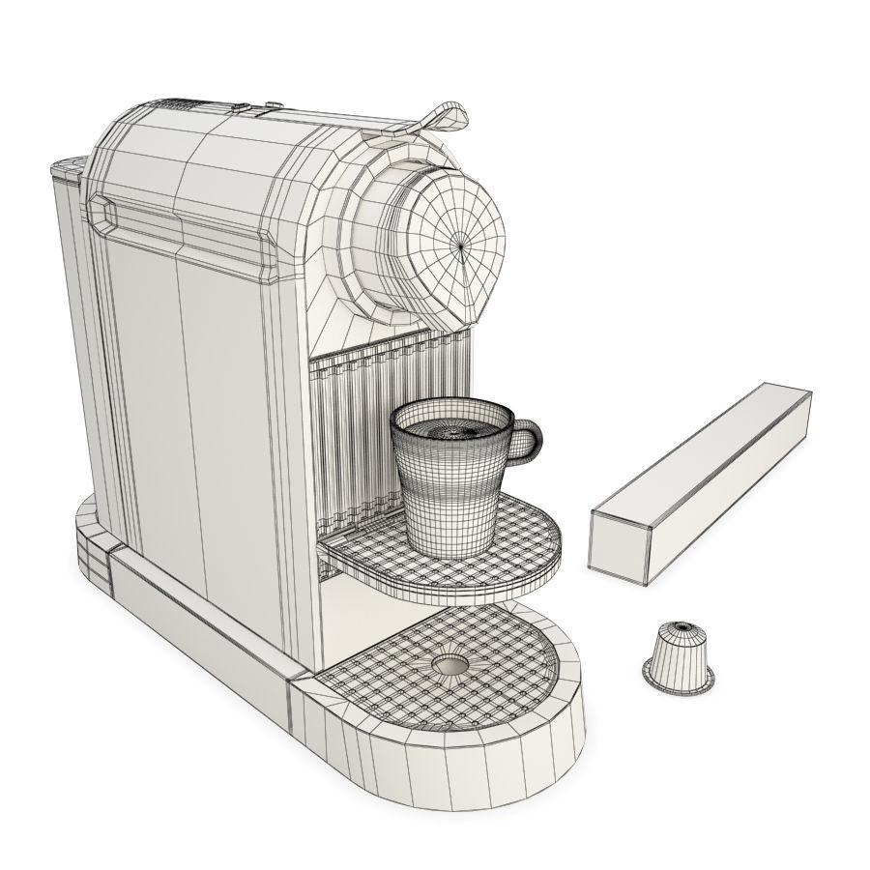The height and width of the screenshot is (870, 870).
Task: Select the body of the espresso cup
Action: click(447, 493)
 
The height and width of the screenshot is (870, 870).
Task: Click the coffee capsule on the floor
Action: click(679, 657)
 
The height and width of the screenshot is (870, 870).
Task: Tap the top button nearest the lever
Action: click(273, 104)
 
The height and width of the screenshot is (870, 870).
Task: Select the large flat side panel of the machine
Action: click(193, 406)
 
